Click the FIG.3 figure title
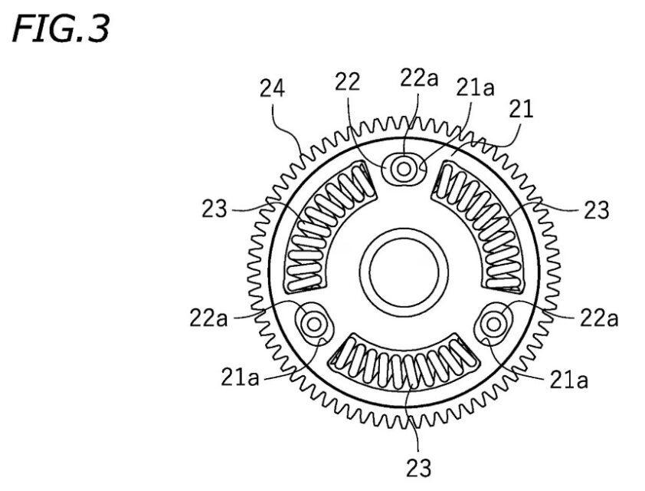point(61,28)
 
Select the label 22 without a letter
point(347,81)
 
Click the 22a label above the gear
point(419,77)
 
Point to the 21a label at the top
point(475,87)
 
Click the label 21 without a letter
point(521,109)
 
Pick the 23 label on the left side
point(214,209)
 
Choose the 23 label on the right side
point(596,209)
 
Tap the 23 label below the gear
point(419,467)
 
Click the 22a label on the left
point(208,318)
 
